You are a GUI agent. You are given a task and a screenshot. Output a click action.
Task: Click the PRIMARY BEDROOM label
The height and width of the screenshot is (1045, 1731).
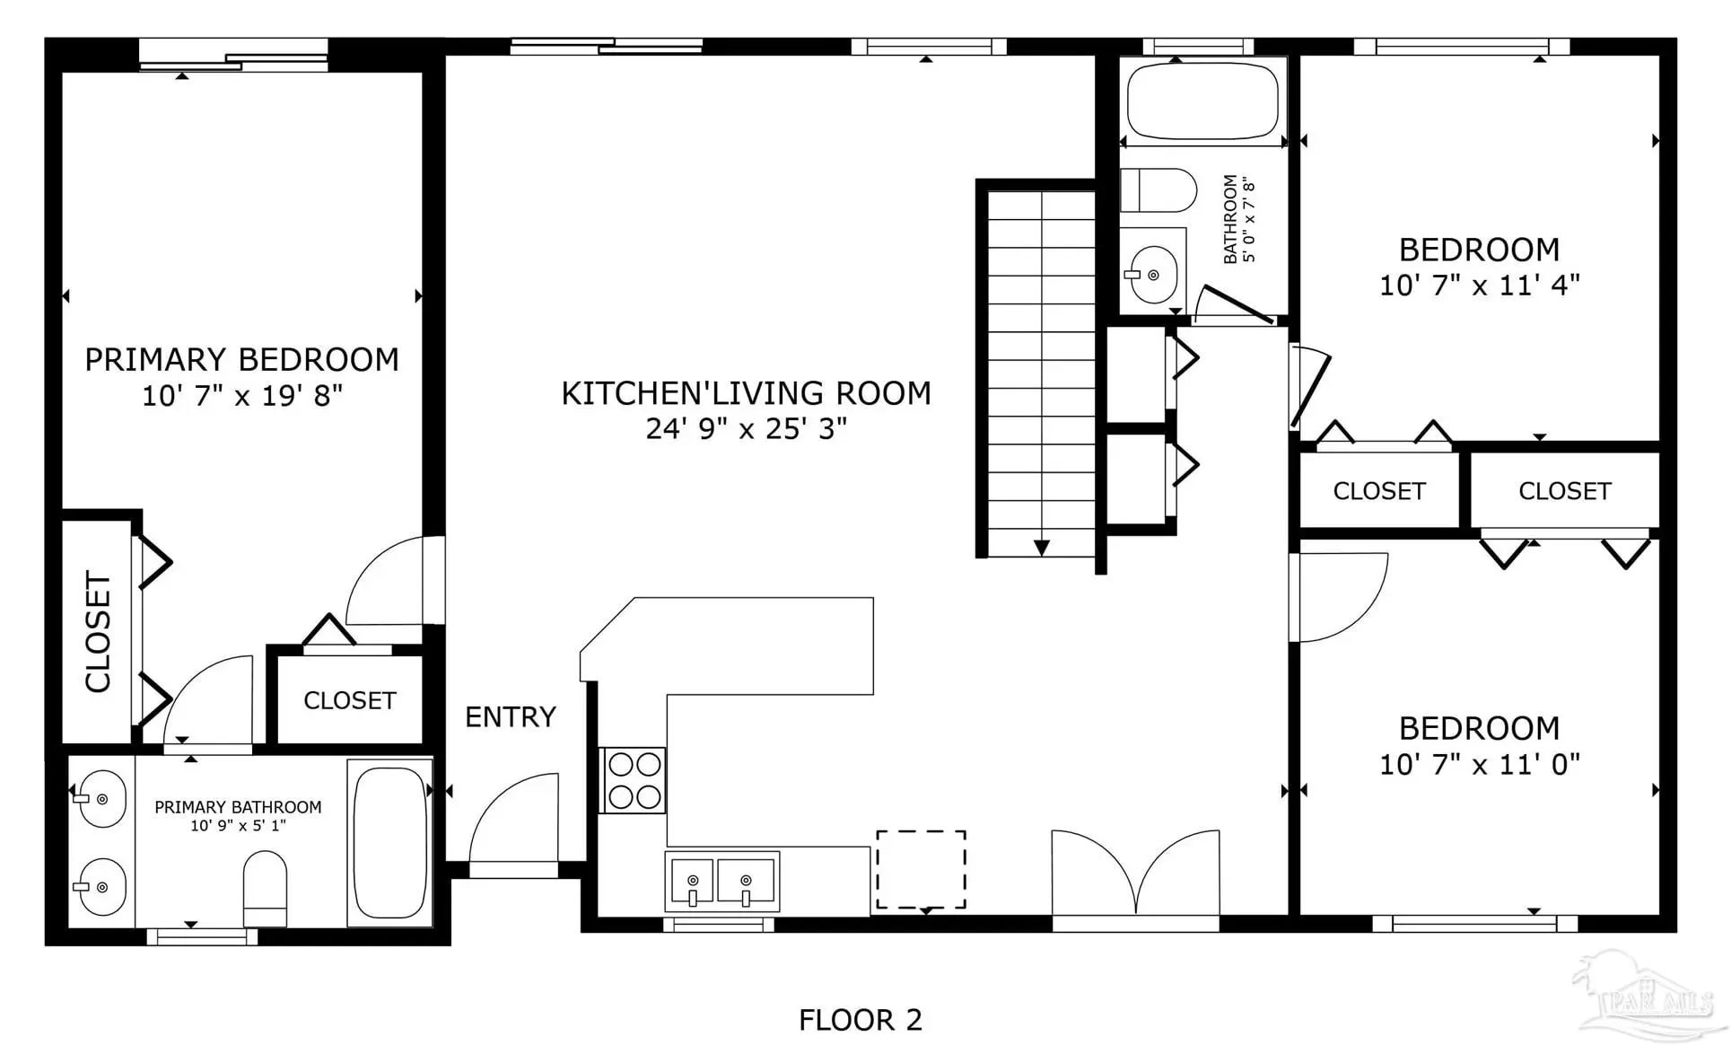(241, 359)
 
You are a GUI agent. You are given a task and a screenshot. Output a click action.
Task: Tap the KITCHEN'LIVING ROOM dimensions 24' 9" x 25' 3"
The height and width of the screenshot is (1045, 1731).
(746, 428)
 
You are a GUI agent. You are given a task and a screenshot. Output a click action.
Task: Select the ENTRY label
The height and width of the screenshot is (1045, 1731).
(511, 716)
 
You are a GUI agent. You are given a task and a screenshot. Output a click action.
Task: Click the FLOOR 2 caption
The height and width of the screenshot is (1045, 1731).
(861, 1020)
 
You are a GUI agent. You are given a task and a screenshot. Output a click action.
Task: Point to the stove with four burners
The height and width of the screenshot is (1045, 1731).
(634, 780)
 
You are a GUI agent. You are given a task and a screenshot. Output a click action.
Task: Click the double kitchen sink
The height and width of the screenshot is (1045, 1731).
(721, 881)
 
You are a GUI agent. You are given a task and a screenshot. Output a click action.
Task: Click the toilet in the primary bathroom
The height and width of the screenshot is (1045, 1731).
(265, 888)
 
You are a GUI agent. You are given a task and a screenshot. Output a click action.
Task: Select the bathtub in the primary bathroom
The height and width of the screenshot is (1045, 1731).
(389, 842)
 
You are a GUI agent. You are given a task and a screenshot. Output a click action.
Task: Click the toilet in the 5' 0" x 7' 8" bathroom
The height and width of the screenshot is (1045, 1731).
(1158, 190)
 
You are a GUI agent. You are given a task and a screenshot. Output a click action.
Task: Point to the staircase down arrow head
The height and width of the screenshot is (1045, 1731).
(1042, 548)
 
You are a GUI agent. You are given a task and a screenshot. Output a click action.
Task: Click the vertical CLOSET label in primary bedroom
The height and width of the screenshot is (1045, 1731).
(98, 631)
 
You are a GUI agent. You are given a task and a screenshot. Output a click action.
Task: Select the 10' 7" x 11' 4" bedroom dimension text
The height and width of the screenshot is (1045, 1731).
(1479, 285)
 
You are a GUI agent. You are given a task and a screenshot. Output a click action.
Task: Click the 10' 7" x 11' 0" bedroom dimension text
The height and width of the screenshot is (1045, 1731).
(1479, 764)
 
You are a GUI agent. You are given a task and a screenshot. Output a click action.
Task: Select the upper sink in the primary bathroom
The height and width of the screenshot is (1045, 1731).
(99, 798)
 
